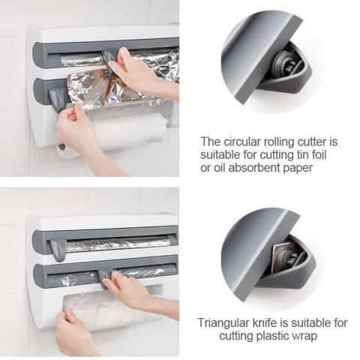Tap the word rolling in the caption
(x=287, y=140)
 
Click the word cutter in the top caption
(x=322, y=140)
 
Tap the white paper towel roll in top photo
(x=127, y=133)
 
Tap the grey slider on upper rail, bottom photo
(x=58, y=248)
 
